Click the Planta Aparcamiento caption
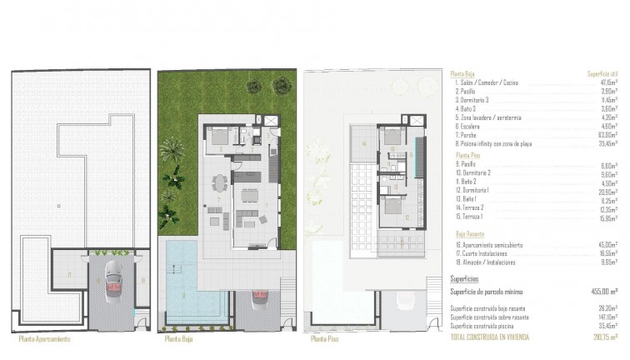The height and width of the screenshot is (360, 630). (43, 339)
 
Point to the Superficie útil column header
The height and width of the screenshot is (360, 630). (599, 72)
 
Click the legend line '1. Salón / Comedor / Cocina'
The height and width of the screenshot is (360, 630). (482, 82)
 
